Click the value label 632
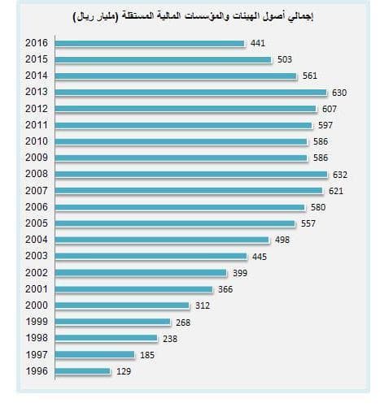[x=339, y=174]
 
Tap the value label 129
[x=123, y=371]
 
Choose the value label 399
[x=239, y=273]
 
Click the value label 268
[x=183, y=322]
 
